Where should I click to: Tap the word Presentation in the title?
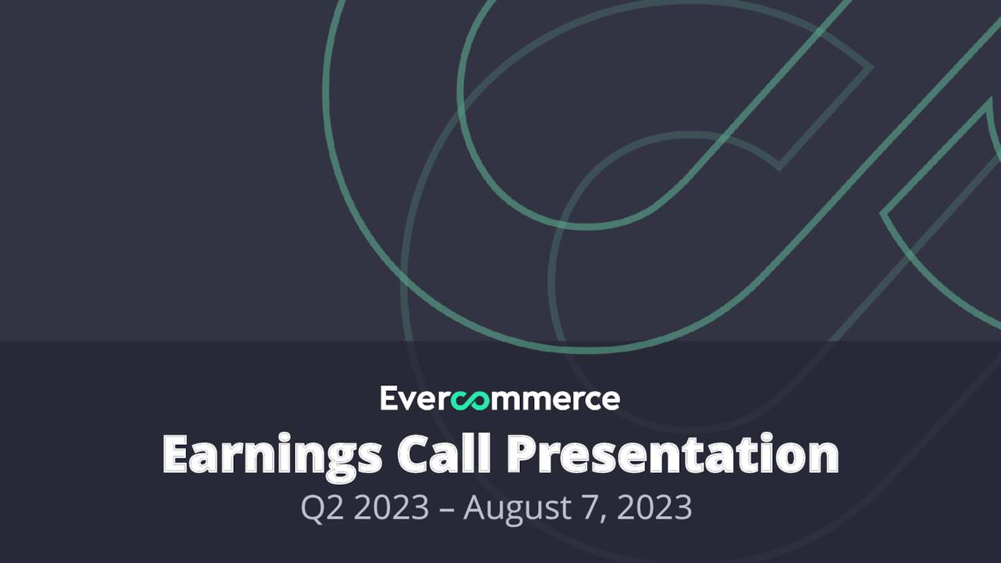tap(672, 453)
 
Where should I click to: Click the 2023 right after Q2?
tap(391, 508)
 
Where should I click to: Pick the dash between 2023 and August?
tap(446, 509)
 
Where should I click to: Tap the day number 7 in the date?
tap(590, 508)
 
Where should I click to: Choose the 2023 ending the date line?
tap(655, 508)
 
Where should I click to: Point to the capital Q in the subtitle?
tap(313, 508)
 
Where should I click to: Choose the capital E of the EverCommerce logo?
tap(389, 398)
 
